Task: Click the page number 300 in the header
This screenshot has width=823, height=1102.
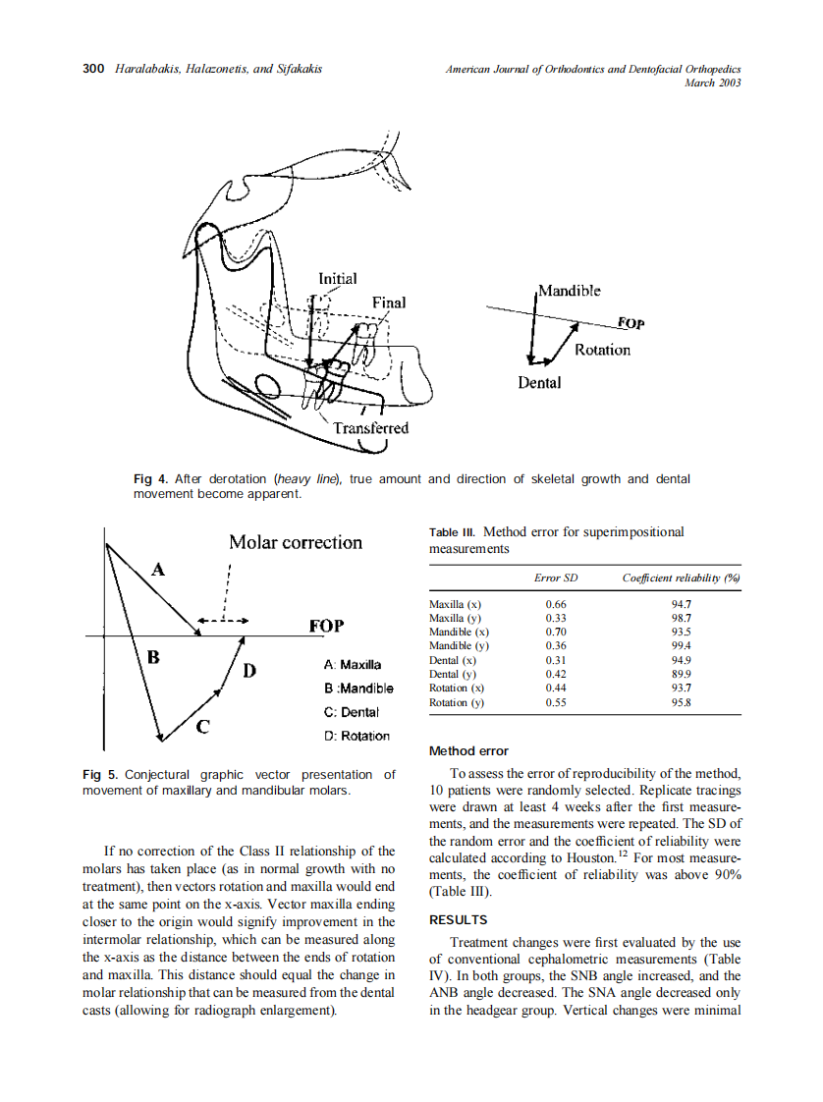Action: coord(93,69)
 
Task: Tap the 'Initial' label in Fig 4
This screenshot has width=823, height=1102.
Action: coord(337,279)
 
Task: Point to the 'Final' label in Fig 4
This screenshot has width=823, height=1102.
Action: coord(388,302)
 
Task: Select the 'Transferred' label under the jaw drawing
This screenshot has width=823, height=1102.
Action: coord(370,428)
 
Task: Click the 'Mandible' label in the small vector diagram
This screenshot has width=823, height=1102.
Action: coord(570,291)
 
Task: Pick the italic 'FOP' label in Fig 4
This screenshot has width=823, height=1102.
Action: coord(630,323)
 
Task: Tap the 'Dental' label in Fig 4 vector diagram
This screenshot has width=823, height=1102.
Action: coord(539,382)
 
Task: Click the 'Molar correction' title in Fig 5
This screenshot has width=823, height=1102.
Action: coord(295,542)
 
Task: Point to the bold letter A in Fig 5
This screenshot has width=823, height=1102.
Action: coord(158,567)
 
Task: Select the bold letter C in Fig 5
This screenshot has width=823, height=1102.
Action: coord(201,727)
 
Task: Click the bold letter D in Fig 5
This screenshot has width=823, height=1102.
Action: coord(249,671)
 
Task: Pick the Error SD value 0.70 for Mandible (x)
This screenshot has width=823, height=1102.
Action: coord(556,633)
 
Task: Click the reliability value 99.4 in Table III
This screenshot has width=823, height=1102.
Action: coord(681,646)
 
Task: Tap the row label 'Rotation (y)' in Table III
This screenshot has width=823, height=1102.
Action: coord(457,703)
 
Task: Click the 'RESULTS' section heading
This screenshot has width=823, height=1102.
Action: coord(458,920)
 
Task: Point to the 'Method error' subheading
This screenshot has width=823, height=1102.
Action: coord(468,751)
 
